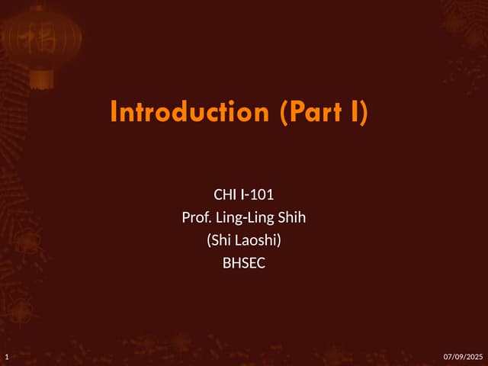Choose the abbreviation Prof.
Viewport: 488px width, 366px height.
point(194,218)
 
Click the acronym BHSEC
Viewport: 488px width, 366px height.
point(243,265)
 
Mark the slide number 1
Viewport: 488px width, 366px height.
point(6,357)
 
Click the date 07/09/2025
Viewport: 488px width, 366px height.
point(463,357)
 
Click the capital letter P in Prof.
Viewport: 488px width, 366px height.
point(185,218)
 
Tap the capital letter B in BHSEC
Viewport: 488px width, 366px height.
point(226,265)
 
